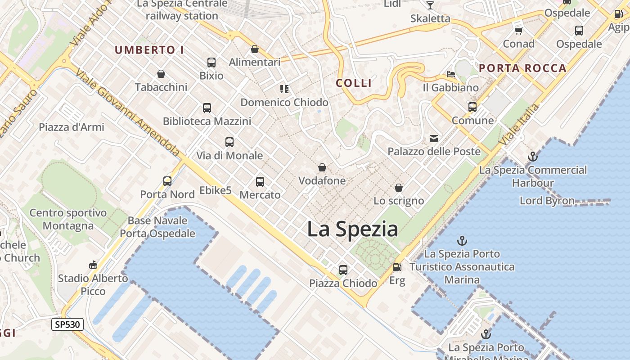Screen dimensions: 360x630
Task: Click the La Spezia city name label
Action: pyautogui.click(x=352, y=229)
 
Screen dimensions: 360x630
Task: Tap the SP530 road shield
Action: pyautogui.click(x=67, y=324)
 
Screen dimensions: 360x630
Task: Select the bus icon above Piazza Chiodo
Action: pyautogui.click(x=343, y=270)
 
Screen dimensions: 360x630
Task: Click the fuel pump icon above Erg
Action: pyautogui.click(x=397, y=267)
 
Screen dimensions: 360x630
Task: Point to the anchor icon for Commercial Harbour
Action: pyautogui.click(x=533, y=157)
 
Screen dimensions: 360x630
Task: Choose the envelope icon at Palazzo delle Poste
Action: pyautogui.click(x=434, y=139)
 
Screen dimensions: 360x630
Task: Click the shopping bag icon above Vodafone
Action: pyautogui.click(x=322, y=168)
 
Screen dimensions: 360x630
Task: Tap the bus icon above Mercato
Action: pyautogui.click(x=260, y=182)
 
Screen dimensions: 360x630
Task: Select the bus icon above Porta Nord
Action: pyautogui.click(x=167, y=181)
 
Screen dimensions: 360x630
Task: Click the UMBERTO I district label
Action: pyautogui.click(x=149, y=50)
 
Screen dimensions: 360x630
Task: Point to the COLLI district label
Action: pyautogui.click(x=354, y=83)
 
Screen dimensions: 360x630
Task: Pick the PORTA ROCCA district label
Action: pyautogui.click(x=522, y=68)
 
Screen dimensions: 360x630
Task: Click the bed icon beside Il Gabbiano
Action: pyautogui.click(x=451, y=74)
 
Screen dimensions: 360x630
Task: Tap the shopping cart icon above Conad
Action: pyautogui.click(x=518, y=31)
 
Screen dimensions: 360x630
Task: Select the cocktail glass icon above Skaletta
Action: pyautogui.click(x=430, y=5)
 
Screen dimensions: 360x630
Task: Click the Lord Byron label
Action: pyautogui.click(x=547, y=201)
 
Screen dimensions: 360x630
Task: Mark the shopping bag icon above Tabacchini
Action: pyautogui.click(x=161, y=74)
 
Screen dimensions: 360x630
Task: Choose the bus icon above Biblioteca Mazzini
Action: pyautogui.click(x=207, y=108)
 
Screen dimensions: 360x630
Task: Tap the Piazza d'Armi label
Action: pyautogui.click(x=72, y=127)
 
